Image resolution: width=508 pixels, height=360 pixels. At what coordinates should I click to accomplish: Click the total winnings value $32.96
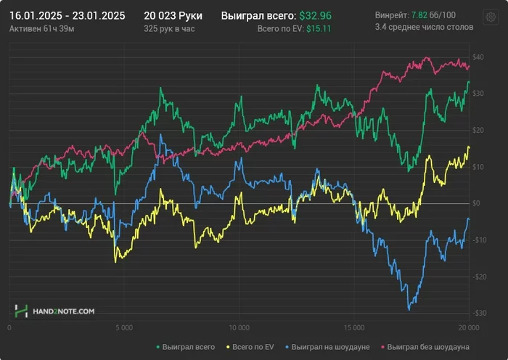[317, 15]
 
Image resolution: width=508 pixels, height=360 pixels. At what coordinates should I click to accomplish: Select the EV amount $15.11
[319, 28]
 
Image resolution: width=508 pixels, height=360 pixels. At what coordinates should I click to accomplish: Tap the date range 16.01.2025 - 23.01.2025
[67, 15]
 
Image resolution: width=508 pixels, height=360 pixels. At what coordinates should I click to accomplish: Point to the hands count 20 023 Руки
[173, 15]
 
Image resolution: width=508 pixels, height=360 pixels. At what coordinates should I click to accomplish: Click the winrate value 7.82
[419, 15]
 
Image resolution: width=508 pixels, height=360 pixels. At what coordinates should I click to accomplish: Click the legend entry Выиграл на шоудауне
[327, 347]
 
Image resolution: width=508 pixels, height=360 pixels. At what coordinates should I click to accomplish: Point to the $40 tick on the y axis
[478, 57]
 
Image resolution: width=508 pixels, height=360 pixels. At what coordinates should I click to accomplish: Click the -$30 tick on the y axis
[478, 314]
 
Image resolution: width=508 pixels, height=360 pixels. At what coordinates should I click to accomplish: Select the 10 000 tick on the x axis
[239, 328]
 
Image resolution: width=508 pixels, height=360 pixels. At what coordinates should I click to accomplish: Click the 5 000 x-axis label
[124, 328]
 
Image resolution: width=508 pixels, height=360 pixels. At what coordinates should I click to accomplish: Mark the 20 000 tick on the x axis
[468, 328]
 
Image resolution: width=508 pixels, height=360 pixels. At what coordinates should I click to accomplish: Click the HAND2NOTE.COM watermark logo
[54, 311]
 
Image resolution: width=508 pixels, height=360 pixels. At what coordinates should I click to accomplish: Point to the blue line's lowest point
[409, 308]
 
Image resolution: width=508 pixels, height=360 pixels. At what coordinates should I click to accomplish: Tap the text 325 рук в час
[170, 28]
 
